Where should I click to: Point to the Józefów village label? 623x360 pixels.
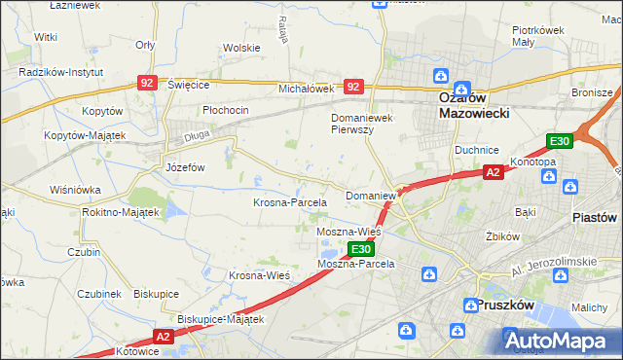point(184,166)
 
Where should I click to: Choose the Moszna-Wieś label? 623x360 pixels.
point(348,233)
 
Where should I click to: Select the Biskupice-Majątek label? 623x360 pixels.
point(221,318)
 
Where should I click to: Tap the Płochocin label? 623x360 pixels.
point(226,110)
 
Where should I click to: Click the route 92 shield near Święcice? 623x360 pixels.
point(147,84)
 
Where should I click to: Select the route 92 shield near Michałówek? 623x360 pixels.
point(354,87)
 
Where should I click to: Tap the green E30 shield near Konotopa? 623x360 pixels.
point(559,141)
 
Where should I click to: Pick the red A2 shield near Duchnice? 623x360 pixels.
point(494,172)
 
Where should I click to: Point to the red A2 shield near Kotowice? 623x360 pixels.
point(162,337)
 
